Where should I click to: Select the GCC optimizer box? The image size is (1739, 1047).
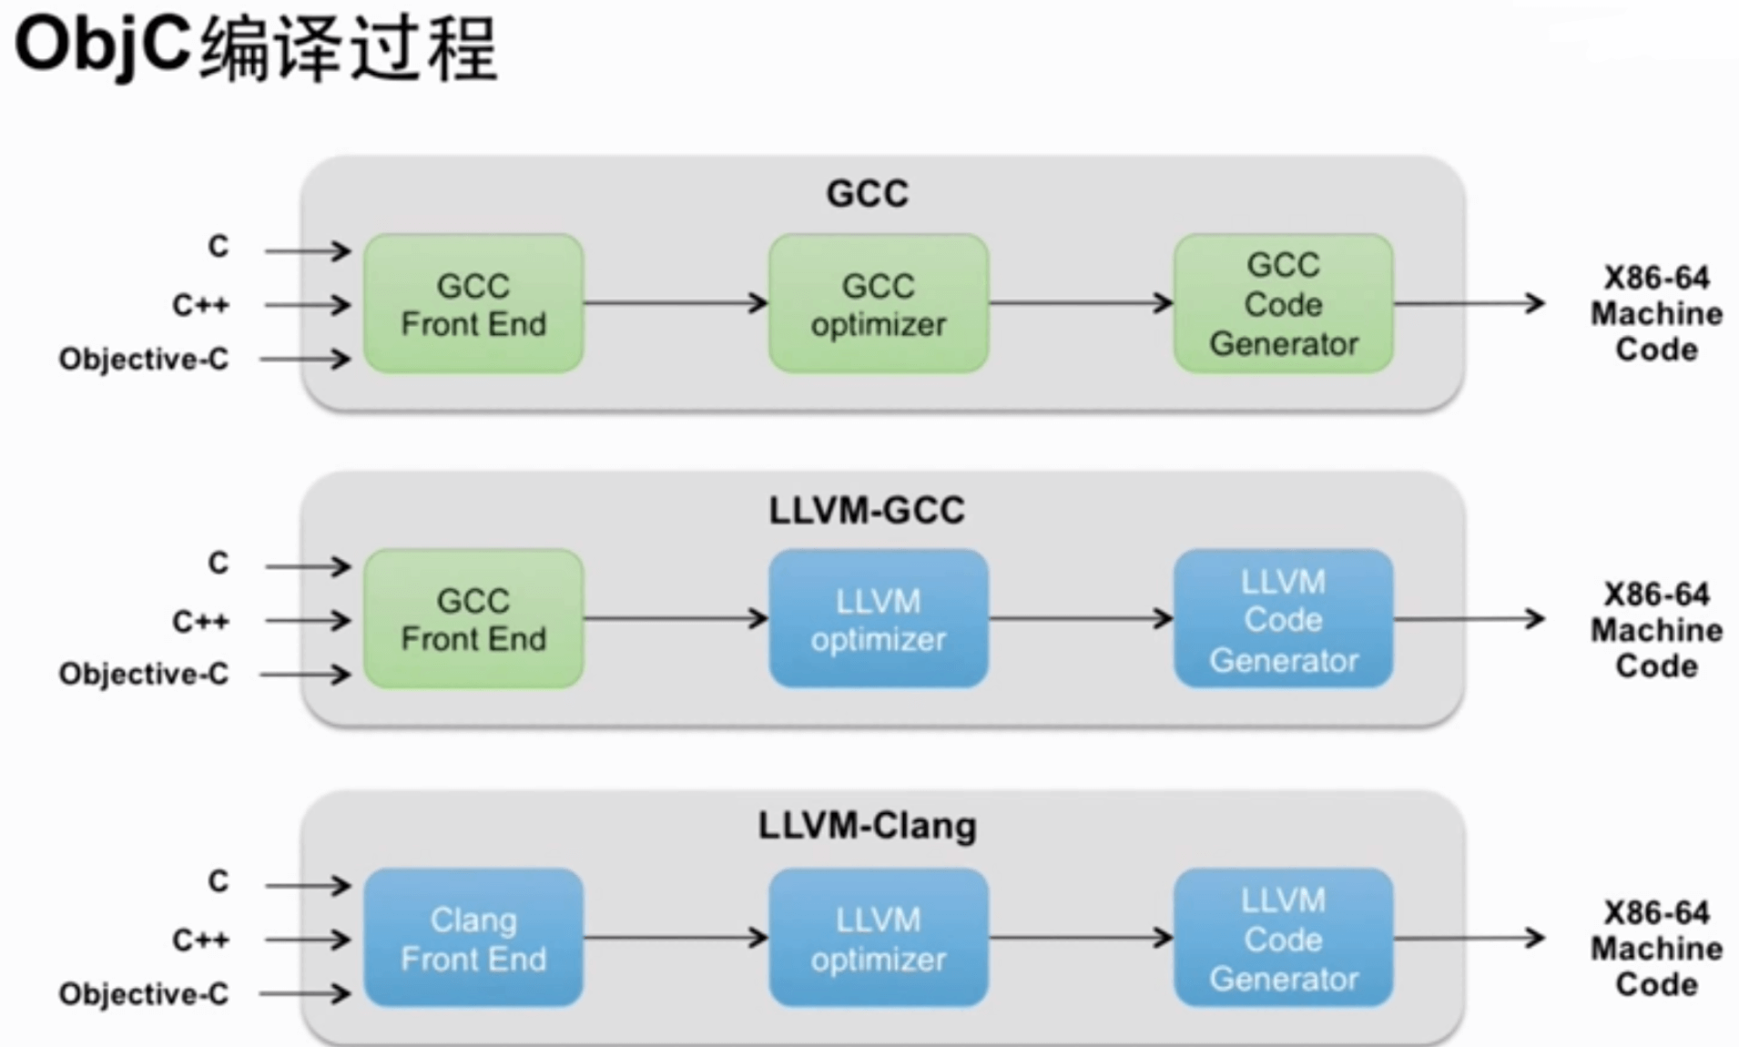pos(879,304)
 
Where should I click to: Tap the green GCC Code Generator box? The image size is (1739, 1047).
pos(1283,304)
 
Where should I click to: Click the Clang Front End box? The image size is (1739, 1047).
pos(473,938)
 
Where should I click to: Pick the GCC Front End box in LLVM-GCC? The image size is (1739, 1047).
pos(473,619)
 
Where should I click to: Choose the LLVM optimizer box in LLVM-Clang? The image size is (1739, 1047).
pos(879,938)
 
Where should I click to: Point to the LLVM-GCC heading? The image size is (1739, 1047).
pos(867,511)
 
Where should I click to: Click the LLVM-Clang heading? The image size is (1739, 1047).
pos(867,827)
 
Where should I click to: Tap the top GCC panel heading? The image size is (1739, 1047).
pos(867,194)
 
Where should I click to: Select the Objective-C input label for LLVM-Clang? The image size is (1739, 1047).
pos(144,993)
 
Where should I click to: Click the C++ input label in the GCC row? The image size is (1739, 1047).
pos(200,305)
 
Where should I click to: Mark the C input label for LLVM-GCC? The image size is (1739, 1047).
pos(219,564)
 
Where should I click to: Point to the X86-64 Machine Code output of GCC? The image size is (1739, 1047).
pos(1656,313)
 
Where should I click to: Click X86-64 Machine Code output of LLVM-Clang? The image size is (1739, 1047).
pos(1656,948)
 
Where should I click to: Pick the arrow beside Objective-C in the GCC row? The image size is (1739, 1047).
pos(306,360)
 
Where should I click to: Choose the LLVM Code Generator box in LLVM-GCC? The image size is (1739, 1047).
pos(1283,619)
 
